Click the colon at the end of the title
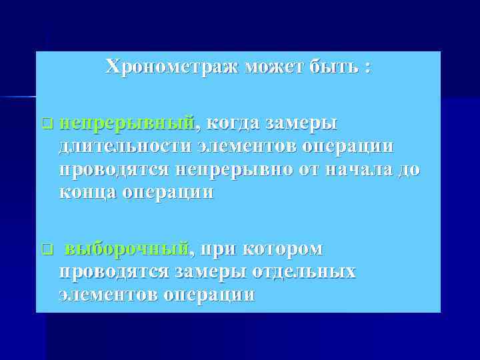coord(368,68)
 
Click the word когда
coord(232,123)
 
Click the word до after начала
coord(407,170)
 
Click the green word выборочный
coord(127,249)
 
